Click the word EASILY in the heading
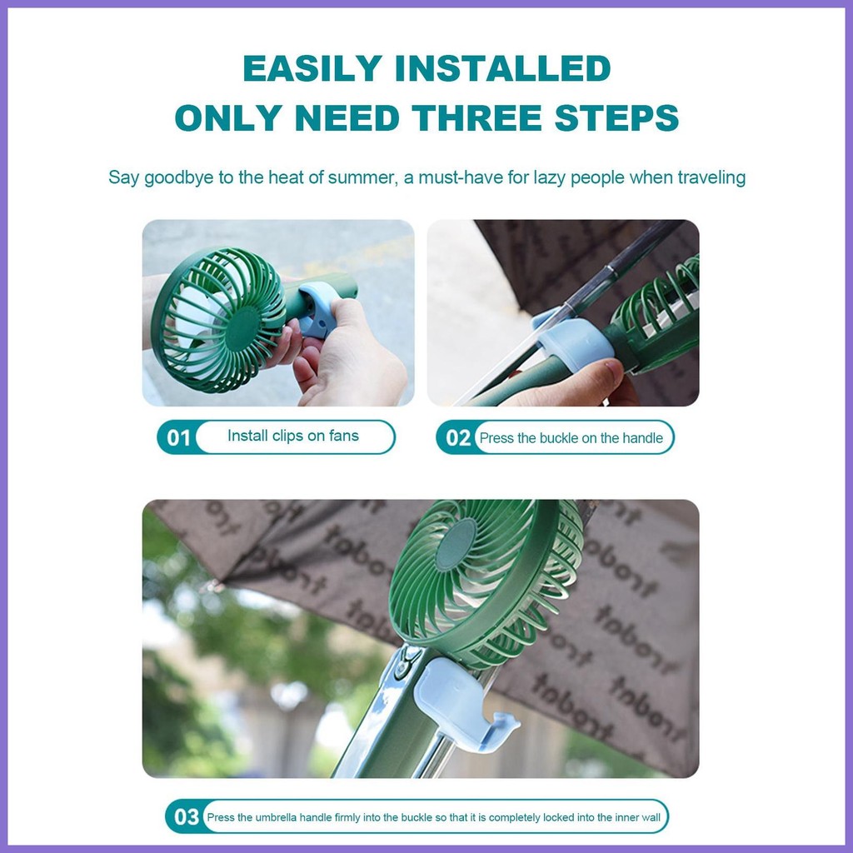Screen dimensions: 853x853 (312, 68)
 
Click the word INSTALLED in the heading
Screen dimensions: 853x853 (503, 68)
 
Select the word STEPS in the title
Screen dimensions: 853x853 (617, 117)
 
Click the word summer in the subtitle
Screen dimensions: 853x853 (361, 177)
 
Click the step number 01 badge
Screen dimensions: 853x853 (179, 437)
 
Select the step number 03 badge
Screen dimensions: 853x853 (187, 816)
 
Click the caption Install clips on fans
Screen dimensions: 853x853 (293, 436)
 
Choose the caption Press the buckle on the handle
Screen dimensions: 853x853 (571, 438)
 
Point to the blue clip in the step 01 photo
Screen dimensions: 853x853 (317, 309)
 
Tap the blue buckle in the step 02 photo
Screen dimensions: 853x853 (572, 337)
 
